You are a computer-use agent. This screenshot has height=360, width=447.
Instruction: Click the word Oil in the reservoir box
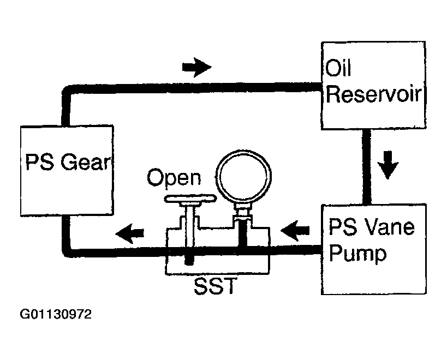coord(338,68)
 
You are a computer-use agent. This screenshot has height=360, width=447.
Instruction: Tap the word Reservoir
coord(373,94)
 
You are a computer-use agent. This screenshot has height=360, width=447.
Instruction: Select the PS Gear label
coord(68,162)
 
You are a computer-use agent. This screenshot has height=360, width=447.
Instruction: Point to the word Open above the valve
coord(174,178)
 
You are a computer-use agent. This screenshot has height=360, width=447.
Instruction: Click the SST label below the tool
coord(215,286)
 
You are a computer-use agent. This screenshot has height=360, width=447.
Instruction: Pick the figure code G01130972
coord(56,314)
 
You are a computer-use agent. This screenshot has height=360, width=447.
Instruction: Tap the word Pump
coord(357,254)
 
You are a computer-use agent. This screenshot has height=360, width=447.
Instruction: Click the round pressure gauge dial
coord(244,176)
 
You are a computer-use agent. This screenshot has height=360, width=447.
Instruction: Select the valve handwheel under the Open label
coord(190,198)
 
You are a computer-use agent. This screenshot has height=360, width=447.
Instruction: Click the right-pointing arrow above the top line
coord(196,67)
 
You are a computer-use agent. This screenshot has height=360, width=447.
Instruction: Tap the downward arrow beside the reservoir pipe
coord(388,165)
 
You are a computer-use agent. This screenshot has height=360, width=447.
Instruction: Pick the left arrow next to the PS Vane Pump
coord(295,230)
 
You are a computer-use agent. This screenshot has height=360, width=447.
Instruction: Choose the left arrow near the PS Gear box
coord(130,233)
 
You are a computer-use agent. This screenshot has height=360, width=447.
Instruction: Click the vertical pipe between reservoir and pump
coord(366,167)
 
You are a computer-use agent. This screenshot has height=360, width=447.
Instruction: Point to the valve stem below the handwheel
coord(189,233)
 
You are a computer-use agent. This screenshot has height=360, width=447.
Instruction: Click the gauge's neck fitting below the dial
coord(242,212)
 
